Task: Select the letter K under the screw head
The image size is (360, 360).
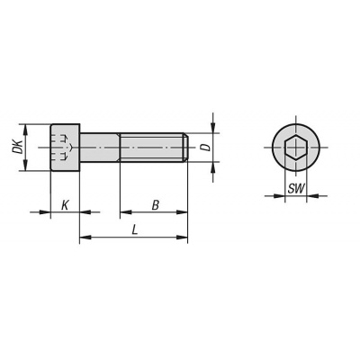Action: (x=65, y=206)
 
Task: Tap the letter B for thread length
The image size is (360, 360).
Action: (x=155, y=206)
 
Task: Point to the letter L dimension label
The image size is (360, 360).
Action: (x=135, y=230)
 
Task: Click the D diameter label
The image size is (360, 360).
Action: (x=205, y=148)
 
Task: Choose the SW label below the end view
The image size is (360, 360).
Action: (x=296, y=189)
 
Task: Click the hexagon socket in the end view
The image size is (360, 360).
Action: (x=296, y=148)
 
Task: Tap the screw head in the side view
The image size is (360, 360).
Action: (x=65, y=148)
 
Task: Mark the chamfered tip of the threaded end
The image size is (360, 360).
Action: (x=186, y=148)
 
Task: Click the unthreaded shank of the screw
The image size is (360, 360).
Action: (x=100, y=148)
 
